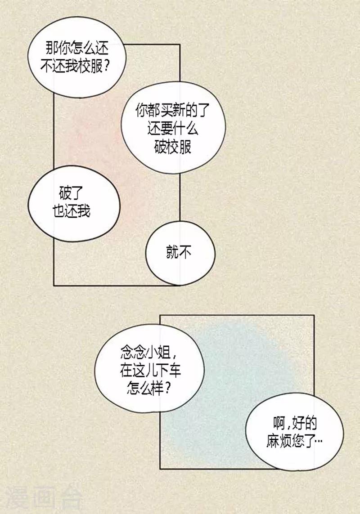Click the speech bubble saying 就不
[x=180, y=253]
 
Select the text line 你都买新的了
[x=172, y=111]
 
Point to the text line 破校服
[x=173, y=147]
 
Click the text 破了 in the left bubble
[x=71, y=193]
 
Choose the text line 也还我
[x=72, y=211]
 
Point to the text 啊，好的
[x=295, y=424]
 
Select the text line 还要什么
[x=173, y=129]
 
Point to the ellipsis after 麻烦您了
[x=319, y=442]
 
